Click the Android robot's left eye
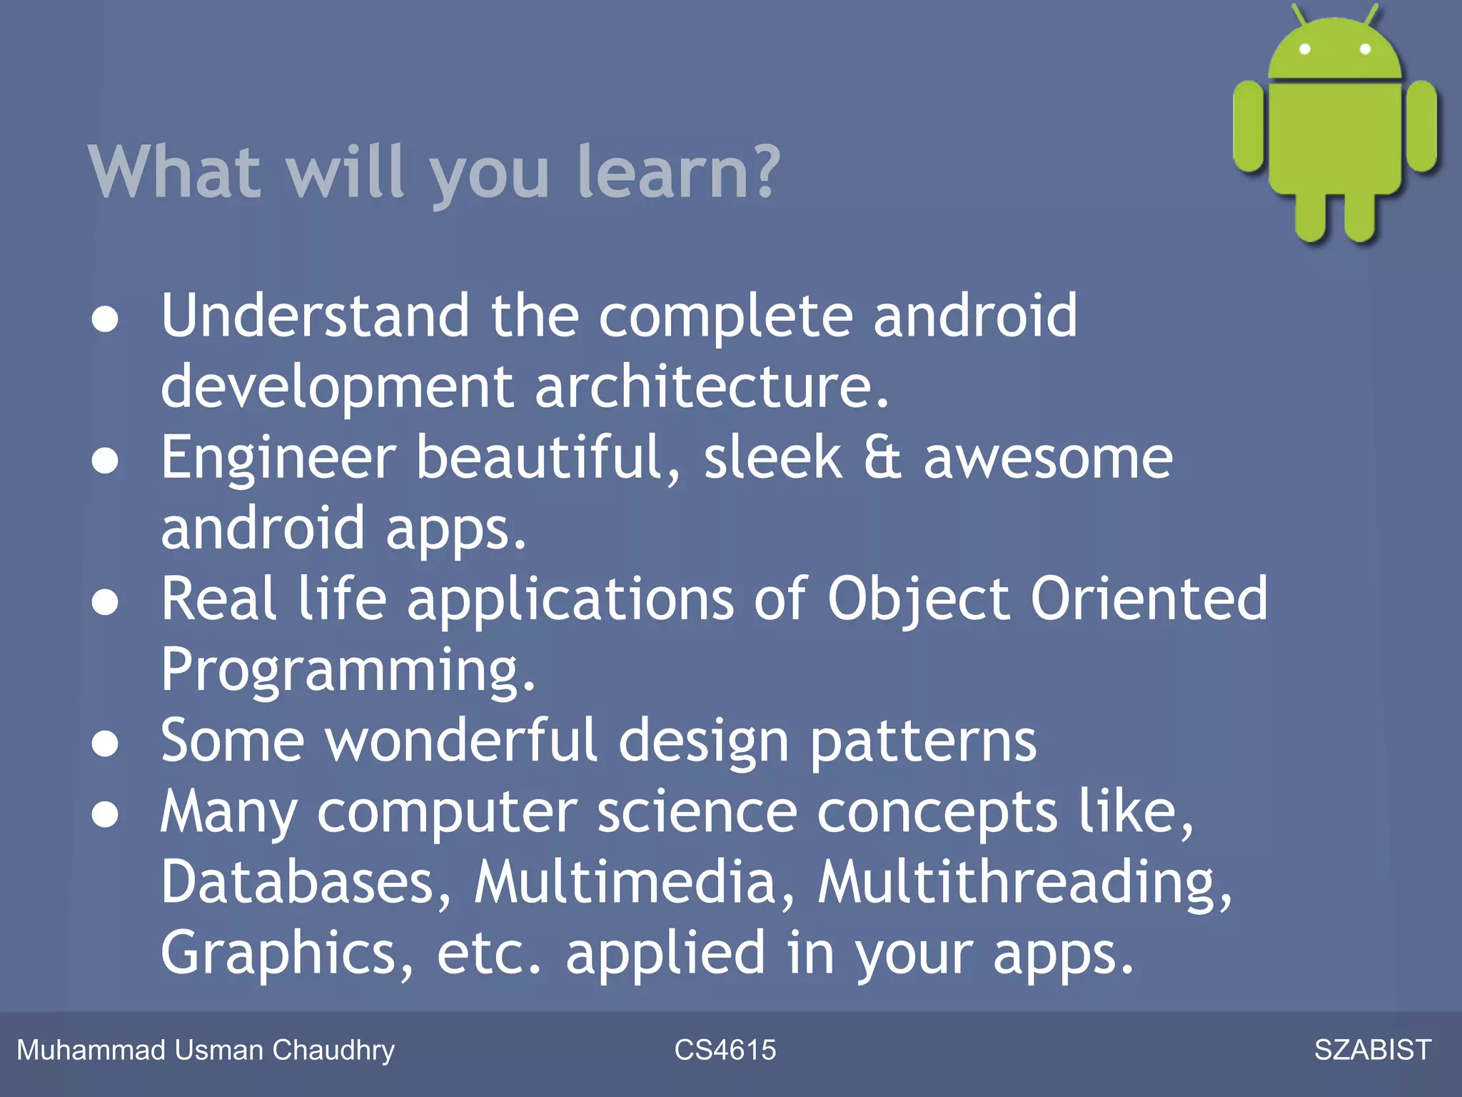click(x=1305, y=49)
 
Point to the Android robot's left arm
click(x=1249, y=126)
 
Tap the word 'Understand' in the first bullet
click(x=315, y=316)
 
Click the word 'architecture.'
click(x=712, y=386)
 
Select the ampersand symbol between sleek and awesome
click(x=882, y=458)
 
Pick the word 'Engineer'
click(x=278, y=458)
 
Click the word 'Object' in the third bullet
click(x=919, y=599)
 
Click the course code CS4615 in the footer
click(x=725, y=1050)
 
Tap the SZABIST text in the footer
click(x=1372, y=1050)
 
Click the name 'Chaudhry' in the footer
click(x=333, y=1050)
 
